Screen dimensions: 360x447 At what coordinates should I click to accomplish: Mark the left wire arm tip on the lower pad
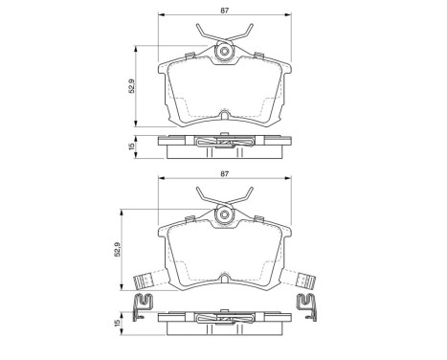(195, 190)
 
